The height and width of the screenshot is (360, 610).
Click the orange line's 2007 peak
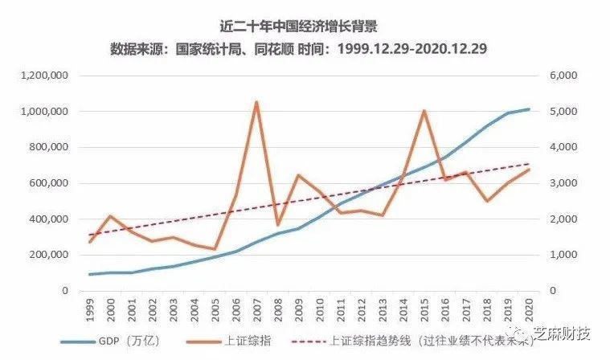pyautogui.click(x=256, y=102)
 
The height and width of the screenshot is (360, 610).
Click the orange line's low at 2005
pyautogui.click(x=215, y=249)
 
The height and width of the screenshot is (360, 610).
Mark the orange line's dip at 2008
pyautogui.click(x=277, y=225)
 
